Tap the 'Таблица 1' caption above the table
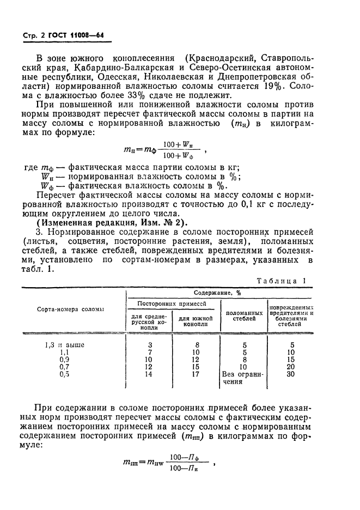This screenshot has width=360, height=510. [285, 281]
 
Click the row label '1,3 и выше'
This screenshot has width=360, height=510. [64, 344]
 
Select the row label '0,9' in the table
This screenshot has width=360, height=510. [64, 360]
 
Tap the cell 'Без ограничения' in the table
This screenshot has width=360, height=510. [243, 378]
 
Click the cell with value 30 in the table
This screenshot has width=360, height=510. [291, 374]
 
